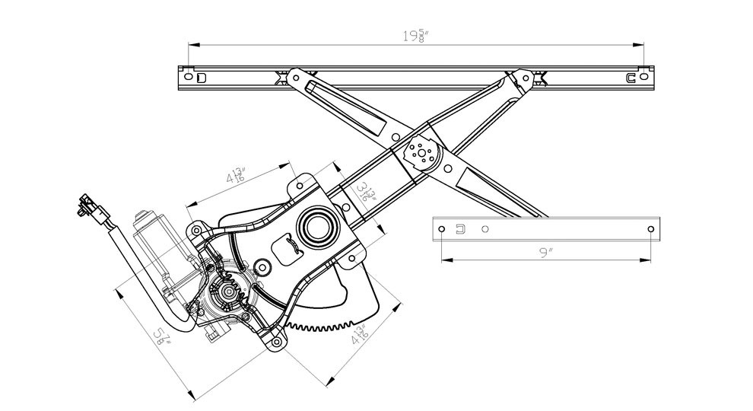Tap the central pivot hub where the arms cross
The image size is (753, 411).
click(420, 152)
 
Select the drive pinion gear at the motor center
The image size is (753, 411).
click(226, 290)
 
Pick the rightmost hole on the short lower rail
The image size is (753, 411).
click(650, 229)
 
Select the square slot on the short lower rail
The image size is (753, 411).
click(459, 229)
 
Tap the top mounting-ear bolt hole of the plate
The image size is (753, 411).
click(300, 185)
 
